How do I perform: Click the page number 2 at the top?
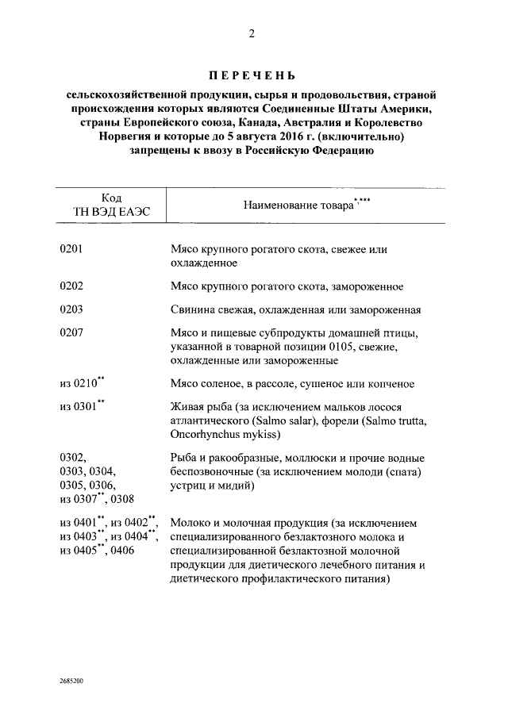click(x=252, y=33)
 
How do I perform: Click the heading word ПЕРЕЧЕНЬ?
click(x=252, y=77)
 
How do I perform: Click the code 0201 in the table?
click(x=72, y=249)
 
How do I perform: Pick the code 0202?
click(x=72, y=286)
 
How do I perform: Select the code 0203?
click(x=72, y=310)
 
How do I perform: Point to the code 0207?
click(x=72, y=333)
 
